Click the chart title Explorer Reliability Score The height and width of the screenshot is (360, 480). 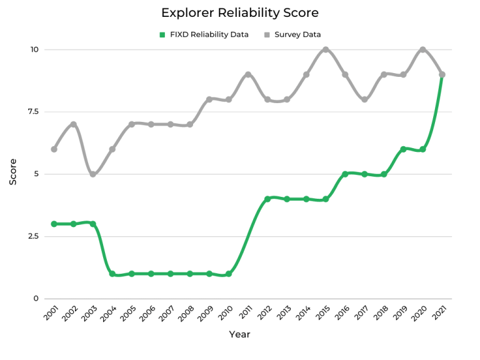coord(240,12)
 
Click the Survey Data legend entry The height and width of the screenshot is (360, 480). coord(297,35)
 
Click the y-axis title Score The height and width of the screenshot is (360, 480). coord(13,174)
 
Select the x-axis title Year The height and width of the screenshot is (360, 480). coord(239,334)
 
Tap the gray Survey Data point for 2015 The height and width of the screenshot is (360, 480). coord(326,49)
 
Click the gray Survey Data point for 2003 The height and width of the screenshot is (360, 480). coord(92,174)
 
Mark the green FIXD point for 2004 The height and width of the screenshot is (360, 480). coord(112,274)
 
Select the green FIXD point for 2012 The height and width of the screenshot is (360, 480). coord(267,199)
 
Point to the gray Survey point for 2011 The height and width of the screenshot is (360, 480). coord(248,74)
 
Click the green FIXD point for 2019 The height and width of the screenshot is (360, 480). coord(403,149)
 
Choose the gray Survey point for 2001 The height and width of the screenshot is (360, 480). coord(54,149)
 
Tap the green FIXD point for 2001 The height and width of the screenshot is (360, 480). coord(54,224)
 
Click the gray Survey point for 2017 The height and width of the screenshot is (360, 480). coord(364,99)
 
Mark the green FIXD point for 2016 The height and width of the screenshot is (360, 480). coord(345,174)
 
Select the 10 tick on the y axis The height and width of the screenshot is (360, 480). coord(34,49)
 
